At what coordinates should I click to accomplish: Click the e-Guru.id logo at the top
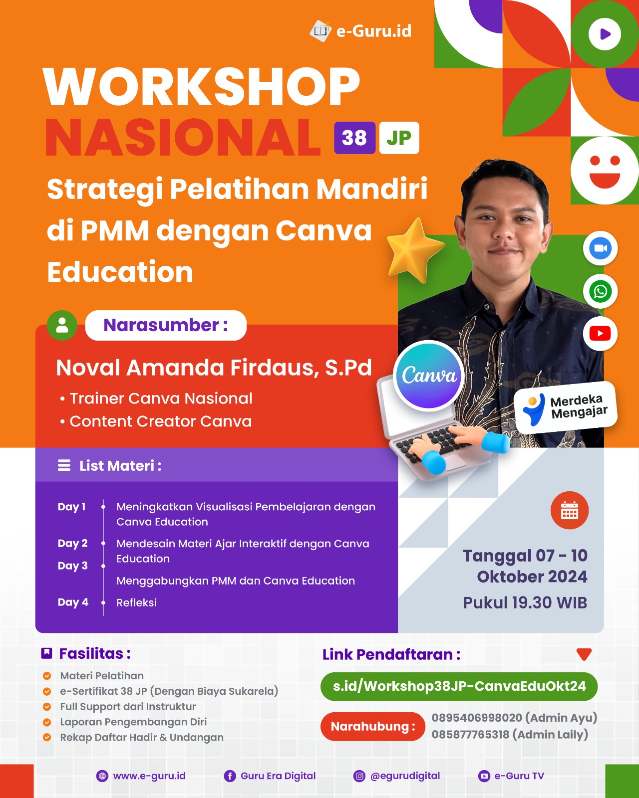click(x=360, y=31)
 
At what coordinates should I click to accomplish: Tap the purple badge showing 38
click(x=354, y=138)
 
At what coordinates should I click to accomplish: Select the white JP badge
click(x=399, y=138)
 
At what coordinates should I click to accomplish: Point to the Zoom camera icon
click(x=600, y=248)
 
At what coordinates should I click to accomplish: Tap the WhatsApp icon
click(x=600, y=291)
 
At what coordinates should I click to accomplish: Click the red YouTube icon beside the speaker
click(x=600, y=333)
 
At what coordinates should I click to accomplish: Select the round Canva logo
click(x=429, y=376)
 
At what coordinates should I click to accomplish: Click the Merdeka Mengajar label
click(x=566, y=407)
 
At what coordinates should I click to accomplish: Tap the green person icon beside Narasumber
click(x=62, y=325)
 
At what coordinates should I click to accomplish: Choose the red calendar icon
click(x=570, y=510)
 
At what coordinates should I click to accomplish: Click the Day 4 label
click(x=73, y=602)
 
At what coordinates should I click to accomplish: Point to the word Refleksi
click(x=137, y=602)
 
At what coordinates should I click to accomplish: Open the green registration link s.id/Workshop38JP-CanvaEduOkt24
click(x=459, y=686)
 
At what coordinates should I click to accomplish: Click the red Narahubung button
click(x=373, y=727)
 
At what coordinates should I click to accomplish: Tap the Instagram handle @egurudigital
click(x=405, y=776)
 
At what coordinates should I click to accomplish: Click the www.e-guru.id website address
click(x=149, y=776)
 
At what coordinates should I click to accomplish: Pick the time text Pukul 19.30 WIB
click(x=525, y=603)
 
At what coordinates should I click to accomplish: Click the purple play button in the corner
click(x=605, y=34)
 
